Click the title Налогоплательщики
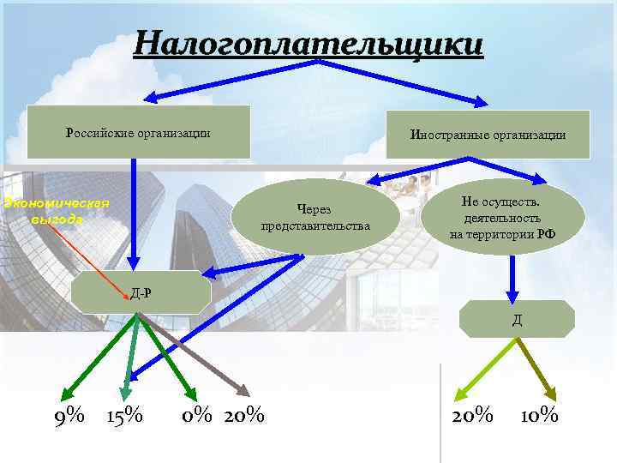click(308, 43)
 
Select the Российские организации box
click(139, 132)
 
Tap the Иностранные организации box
click(488, 135)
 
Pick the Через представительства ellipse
click(316, 217)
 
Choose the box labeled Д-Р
click(141, 293)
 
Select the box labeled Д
click(518, 320)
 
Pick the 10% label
click(540, 417)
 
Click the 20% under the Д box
click(472, 417)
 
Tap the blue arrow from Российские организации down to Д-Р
click(135, 214)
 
